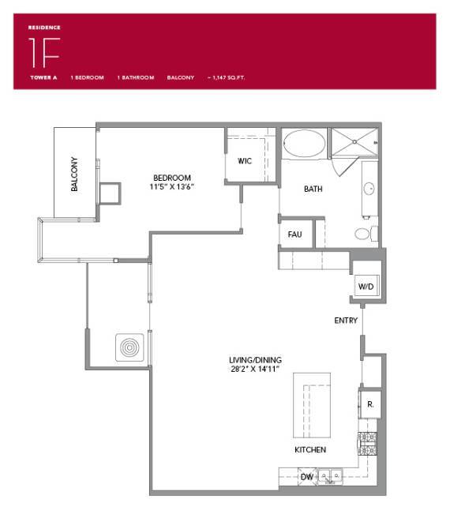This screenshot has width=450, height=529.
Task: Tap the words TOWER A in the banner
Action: [x=44, y=78]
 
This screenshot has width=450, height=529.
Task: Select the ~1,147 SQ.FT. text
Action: [x=227, y=78]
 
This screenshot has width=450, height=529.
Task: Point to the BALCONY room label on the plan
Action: [x=74, y=174]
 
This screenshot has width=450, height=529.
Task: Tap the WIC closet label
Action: [x=245, y=161]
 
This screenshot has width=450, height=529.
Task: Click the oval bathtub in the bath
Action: [x=303, y=145]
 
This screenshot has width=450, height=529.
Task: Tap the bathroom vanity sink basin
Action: [x=369, y=189]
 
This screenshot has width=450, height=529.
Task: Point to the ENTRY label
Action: [x=346, y=321]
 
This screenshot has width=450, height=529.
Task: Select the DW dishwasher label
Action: [x=306, y=477]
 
